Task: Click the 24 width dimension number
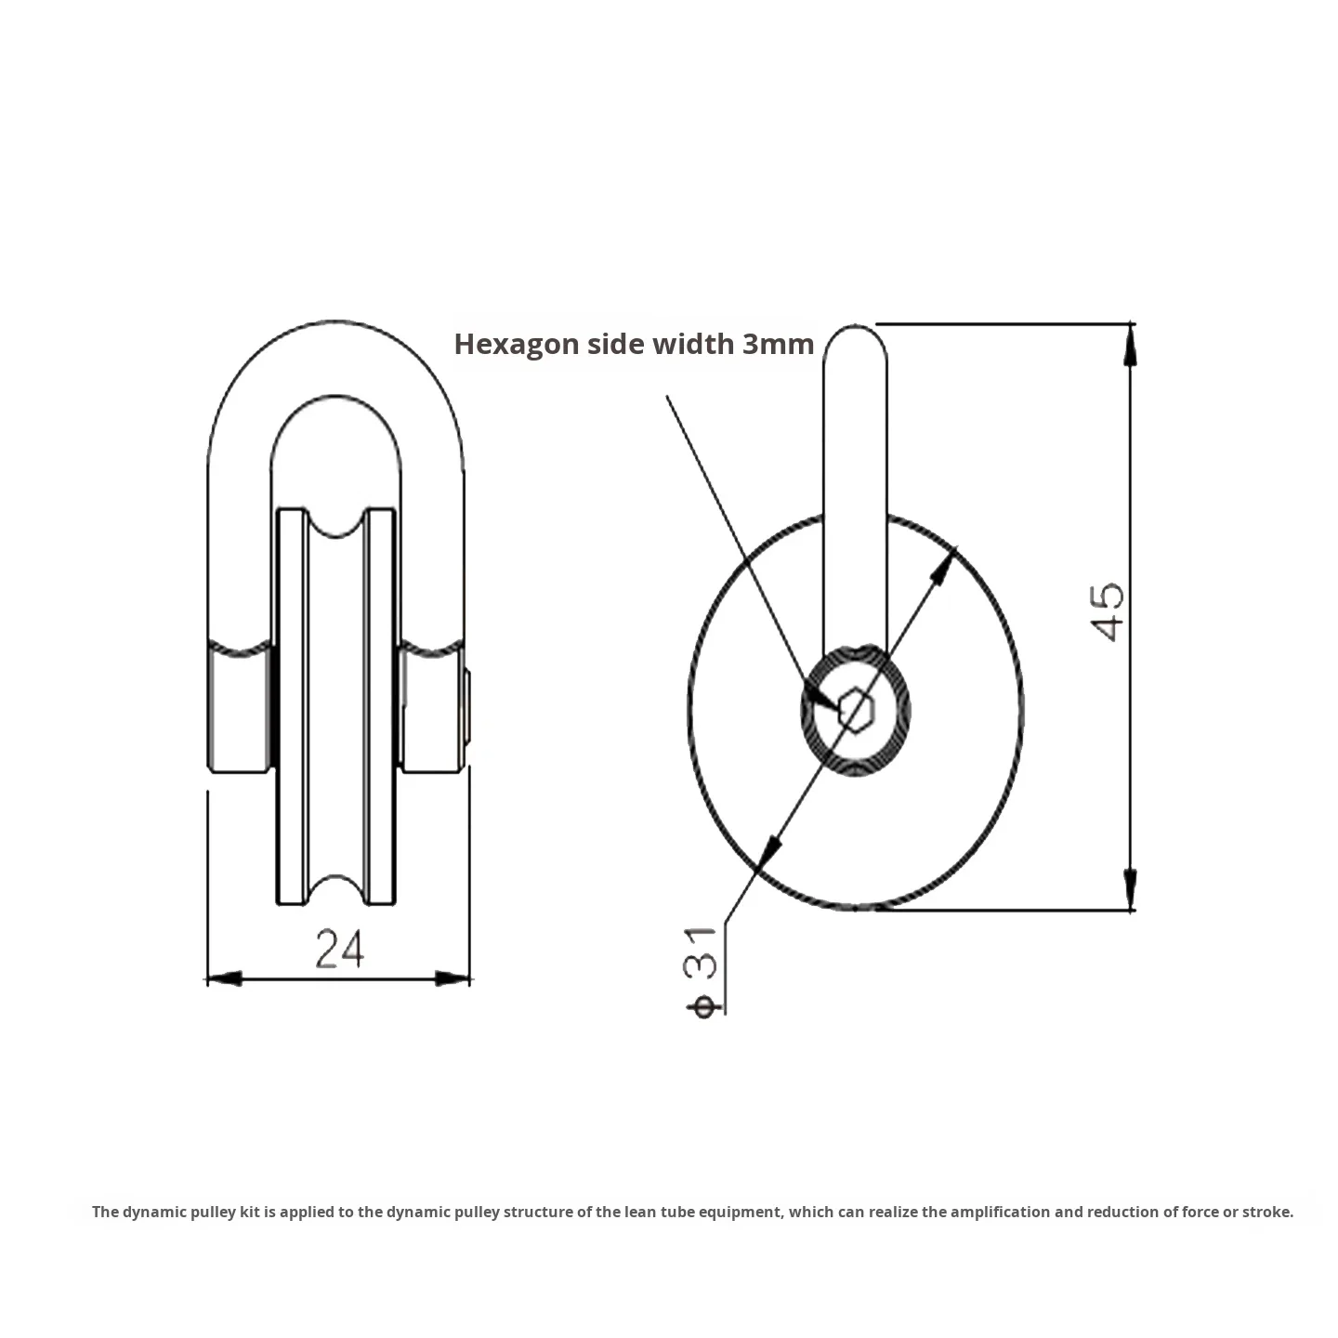(x=339, y=949)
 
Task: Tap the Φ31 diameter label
(x=703, y=971)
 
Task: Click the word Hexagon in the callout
(x=516, y=344)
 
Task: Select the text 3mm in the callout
(x=778, y=344)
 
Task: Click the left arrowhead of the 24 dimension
(x=224, y=978)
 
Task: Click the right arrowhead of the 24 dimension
(x=453, y=978)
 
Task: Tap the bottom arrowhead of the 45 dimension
(x=1130, y=890)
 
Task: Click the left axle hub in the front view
(x=240, y=709)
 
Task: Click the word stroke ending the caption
(x=1268, y=1212)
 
